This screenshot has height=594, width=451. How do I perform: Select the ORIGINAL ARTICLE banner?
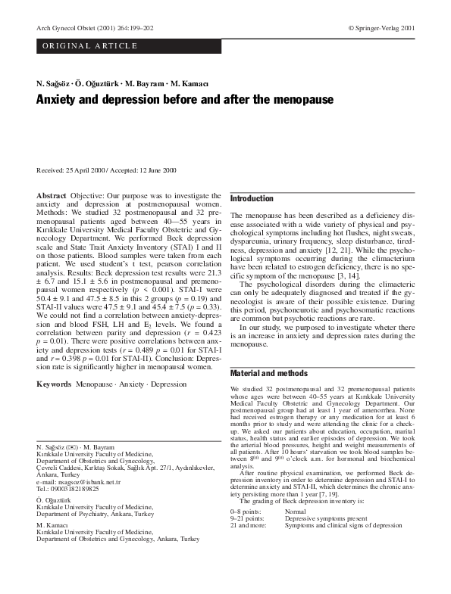[x=90, y=46]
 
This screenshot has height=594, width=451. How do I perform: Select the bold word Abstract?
[x=51, y=196]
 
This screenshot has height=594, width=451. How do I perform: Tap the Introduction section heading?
[x=252, y=198]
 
